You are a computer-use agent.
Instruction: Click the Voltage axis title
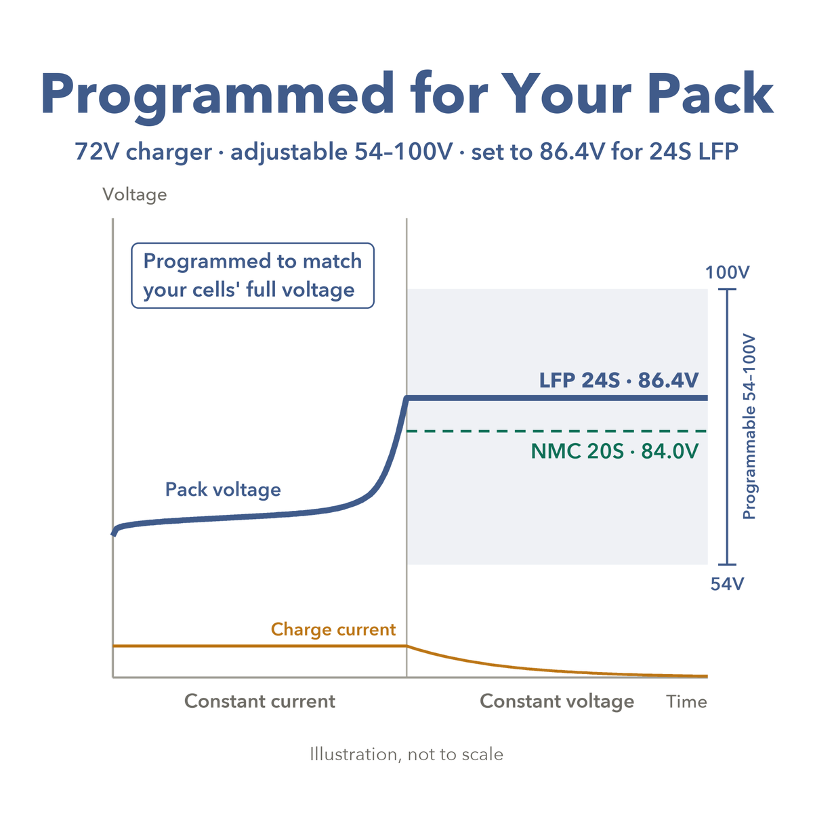(135, 194)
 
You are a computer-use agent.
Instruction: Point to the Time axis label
(686, 702)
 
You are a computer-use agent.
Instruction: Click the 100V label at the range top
(727, 272)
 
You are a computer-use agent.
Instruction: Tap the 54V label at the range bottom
(727, 584)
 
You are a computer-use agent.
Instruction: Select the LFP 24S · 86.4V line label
(619, 380)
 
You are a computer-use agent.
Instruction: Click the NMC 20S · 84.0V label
(614, 451)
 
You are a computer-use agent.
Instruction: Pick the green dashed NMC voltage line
(557, 431)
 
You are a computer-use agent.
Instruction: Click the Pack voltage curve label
(223, 490)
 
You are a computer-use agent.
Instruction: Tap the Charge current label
(333, 629)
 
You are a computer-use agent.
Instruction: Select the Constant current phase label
(259, 701)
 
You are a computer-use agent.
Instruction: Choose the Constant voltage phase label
(557, 702)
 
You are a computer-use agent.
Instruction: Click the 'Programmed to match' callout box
(253, 276)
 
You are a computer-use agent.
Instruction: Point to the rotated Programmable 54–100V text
(749, 427)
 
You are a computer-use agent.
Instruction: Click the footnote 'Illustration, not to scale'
(406, 754)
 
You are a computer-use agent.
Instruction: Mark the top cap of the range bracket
(727, 289)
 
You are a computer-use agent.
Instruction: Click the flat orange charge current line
(260, 646)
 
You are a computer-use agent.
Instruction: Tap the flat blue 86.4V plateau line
(557, 398)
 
